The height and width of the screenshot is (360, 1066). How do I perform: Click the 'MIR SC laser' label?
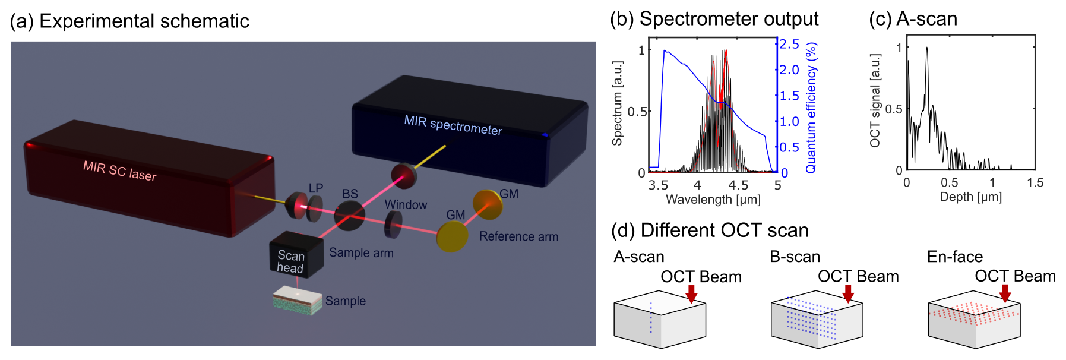(119, 170)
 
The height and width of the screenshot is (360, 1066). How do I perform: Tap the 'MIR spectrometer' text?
(453, 125)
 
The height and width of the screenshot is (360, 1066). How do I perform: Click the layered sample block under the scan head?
(297, 300)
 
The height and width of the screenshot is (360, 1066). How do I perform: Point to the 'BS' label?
(350, 194)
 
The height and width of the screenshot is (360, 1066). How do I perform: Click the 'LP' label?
(315, 188)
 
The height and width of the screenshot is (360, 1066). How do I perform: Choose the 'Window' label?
(406, 204)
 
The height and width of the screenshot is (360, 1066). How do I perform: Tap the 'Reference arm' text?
(518, 236)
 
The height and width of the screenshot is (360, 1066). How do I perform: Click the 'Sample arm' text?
(361, 252)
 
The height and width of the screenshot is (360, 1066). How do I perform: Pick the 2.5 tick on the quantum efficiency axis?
(789, 45)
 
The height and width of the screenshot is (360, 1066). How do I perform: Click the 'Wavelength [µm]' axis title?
(713, 200)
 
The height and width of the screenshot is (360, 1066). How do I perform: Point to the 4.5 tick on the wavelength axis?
(738, 185)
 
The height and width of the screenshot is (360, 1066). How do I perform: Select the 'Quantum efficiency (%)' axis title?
(811, 108)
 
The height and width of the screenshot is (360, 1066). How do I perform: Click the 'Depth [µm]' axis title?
(970, 197)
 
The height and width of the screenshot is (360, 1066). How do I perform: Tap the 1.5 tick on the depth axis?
(1035, 183)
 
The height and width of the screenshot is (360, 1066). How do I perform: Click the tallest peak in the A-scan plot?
(926, 48)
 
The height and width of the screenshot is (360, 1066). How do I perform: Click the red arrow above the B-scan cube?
(848, 293)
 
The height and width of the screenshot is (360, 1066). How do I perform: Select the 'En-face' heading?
(954, 257)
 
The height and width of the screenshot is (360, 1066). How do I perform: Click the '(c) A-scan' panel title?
(913, 19)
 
